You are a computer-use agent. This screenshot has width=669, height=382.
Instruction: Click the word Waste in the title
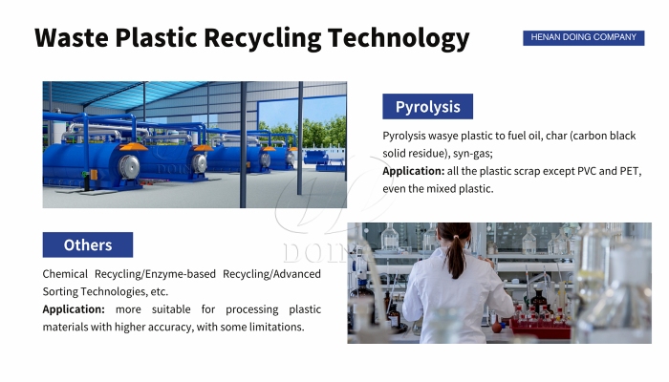[70, 38]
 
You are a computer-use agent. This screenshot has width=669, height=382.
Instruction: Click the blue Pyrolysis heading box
[427, 106]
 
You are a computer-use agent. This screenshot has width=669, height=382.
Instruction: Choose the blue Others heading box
[88, 244]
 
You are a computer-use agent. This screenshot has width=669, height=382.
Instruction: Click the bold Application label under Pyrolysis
[412, 171]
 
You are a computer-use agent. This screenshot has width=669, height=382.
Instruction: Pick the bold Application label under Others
[74, 309]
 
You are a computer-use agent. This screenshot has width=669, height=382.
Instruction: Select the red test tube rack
[541, 325]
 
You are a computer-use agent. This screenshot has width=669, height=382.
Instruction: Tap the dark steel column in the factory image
[243, 143]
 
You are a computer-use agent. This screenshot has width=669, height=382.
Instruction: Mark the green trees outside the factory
[320, 131]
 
